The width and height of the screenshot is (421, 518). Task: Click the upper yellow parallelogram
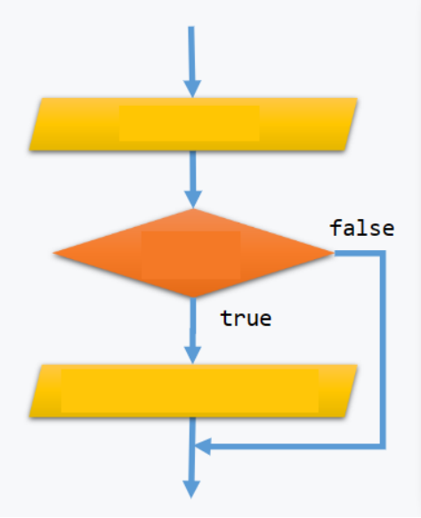(193, 125)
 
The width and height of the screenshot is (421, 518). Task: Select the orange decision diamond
(193, 253)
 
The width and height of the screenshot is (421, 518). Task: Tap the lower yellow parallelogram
(193, 391)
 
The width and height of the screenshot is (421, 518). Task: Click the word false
(362, 228)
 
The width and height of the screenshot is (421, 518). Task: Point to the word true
(247, 319)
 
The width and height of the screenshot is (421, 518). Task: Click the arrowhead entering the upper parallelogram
(192, 88)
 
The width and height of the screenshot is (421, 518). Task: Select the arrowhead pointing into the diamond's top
(193, 199)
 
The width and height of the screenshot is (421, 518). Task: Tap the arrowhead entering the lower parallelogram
(192, 355)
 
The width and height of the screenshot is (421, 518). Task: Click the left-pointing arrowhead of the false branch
(203, 447)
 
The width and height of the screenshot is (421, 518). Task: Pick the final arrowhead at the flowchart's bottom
(191, 490)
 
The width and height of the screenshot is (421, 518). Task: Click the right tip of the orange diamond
(334, 253)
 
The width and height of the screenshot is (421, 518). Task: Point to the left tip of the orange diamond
(53, 253)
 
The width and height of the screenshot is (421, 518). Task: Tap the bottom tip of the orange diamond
(193, 297)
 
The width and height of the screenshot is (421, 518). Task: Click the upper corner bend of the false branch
(383, 254)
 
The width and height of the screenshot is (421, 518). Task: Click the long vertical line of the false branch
(383, 350)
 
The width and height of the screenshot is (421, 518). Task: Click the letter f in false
(336, 228)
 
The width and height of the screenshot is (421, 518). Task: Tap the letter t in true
(227, 319)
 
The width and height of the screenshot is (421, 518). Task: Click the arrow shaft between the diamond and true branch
(193, 322)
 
